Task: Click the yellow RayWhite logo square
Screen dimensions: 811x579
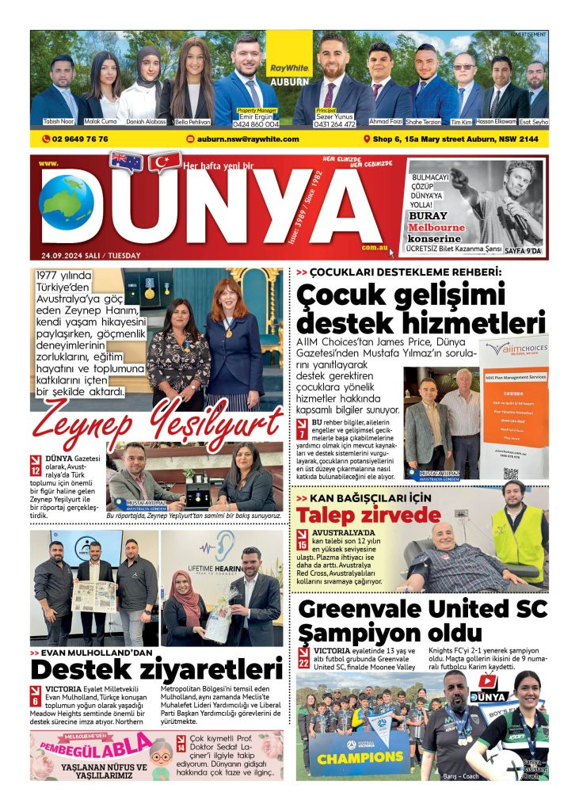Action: pyautogui.click(x=288, y=56)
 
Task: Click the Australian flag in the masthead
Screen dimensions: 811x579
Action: pyautogui.click(x=126, y=162)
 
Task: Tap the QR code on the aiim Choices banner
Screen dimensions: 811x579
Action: pyautogui.click(x=510, y=474)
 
